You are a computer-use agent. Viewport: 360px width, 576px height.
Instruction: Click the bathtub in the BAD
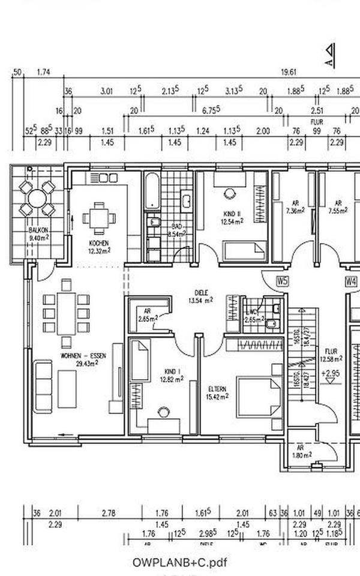[152, 191]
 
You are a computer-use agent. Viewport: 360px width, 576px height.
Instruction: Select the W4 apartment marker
[351, 281]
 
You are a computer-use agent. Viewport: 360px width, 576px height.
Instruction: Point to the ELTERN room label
[217, 389]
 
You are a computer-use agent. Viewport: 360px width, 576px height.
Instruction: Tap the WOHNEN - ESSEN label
[83, 356]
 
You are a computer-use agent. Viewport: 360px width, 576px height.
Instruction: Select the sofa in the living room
[43, 386]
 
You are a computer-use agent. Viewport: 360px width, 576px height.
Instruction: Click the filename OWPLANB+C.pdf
[180, 562]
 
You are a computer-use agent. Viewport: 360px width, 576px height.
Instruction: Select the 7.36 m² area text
[295, 211]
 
